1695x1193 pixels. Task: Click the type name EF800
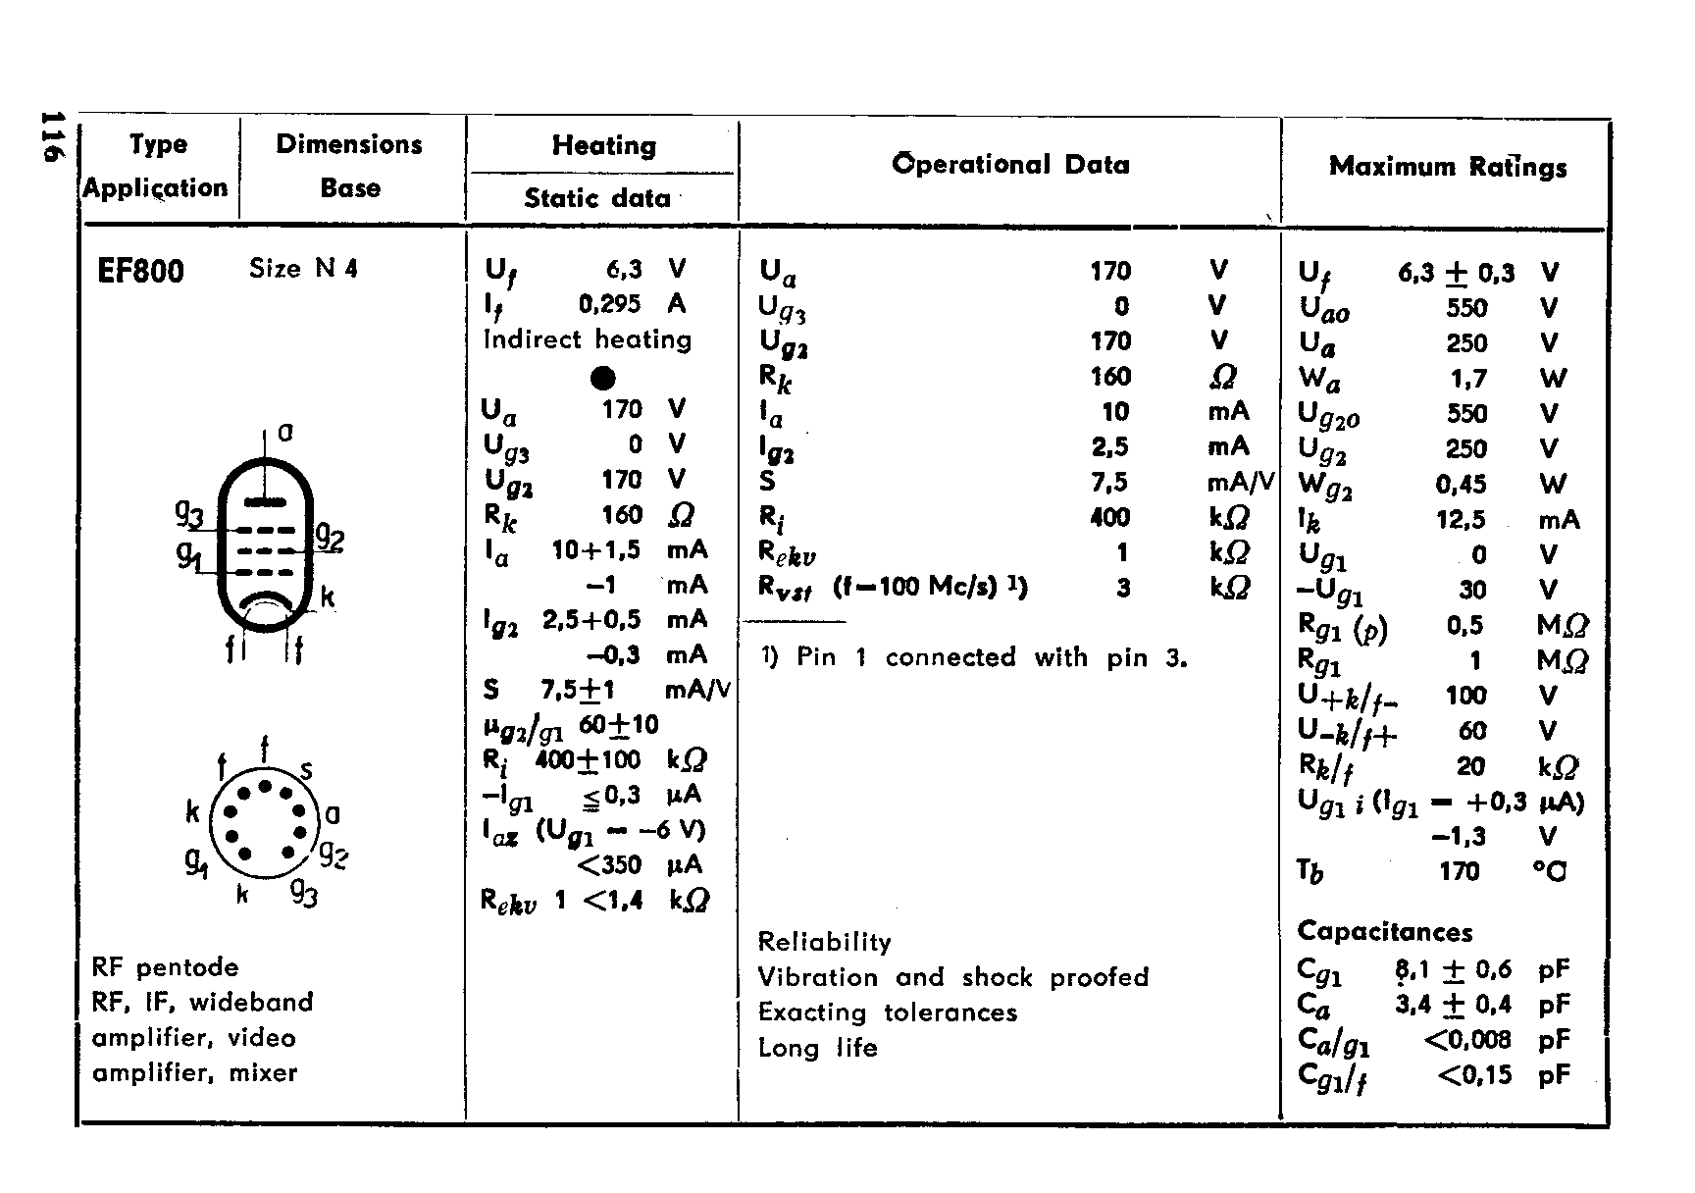point(141,271)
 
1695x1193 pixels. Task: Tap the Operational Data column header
point(1010,165)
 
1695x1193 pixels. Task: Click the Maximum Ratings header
point(1447,167)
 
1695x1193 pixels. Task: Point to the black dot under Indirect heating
point(603,378)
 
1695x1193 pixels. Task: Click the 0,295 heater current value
point(609,304)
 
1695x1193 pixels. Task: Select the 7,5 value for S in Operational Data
point(1109,483)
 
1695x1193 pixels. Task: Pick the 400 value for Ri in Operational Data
point(1109,517)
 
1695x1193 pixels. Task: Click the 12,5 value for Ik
point(1461,520)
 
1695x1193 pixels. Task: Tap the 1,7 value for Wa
point(1467,379)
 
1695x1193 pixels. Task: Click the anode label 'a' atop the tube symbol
point(285,432)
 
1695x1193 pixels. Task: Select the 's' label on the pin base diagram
point(306,771)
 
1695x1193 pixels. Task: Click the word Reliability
point(824,943)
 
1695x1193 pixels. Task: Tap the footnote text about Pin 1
point(974,657)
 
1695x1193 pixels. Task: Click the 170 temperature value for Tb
point(1459,871)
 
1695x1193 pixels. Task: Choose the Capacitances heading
point(1385,932)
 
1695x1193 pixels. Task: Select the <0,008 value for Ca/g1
point(1466,1040)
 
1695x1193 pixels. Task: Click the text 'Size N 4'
point(303,269)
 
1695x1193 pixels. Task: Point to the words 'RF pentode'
point(165,968)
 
